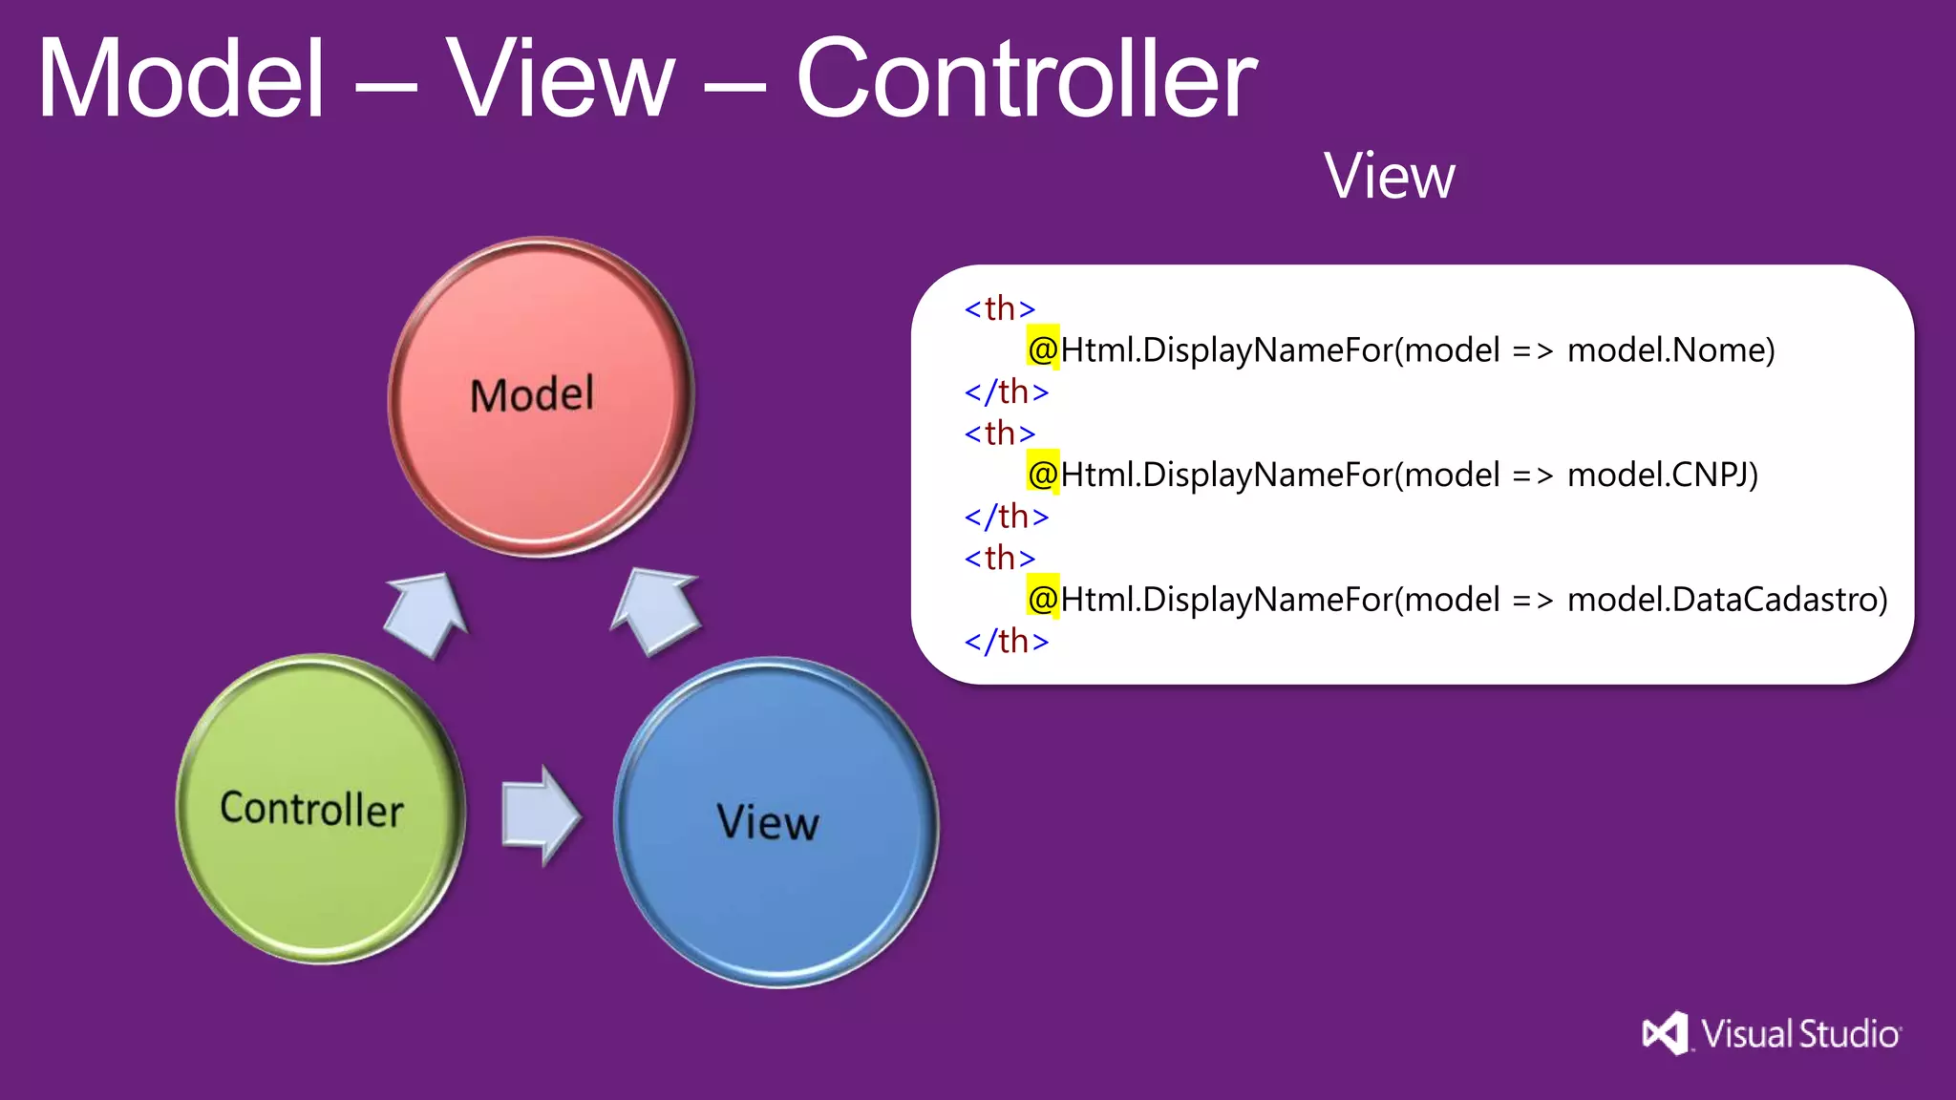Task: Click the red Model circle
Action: [x=540, y=396]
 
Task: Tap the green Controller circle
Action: [x=320, y=809]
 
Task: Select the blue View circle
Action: [x=775, y=822]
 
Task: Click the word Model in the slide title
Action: [x=181, y=78]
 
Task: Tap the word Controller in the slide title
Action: [x=1026, y=78]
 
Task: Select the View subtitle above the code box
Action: [x=1389, y=177]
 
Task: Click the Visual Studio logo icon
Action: [x=1665, y=1033]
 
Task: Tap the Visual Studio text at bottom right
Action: [x=1800, y=1034]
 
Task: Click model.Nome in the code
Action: [x=1670, y=350]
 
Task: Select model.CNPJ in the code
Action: [x=1662, y=475]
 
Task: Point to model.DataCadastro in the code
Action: [x=1727, y=600]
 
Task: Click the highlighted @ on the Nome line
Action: [x=1043, y=349]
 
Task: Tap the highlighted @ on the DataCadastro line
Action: [x=1043, y=599]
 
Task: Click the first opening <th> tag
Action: [x=999, y=308]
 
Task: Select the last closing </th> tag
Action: [x=1006, y=641]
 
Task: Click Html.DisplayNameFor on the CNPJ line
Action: [x=1226, y=475]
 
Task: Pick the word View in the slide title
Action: [x=562, y=78]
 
